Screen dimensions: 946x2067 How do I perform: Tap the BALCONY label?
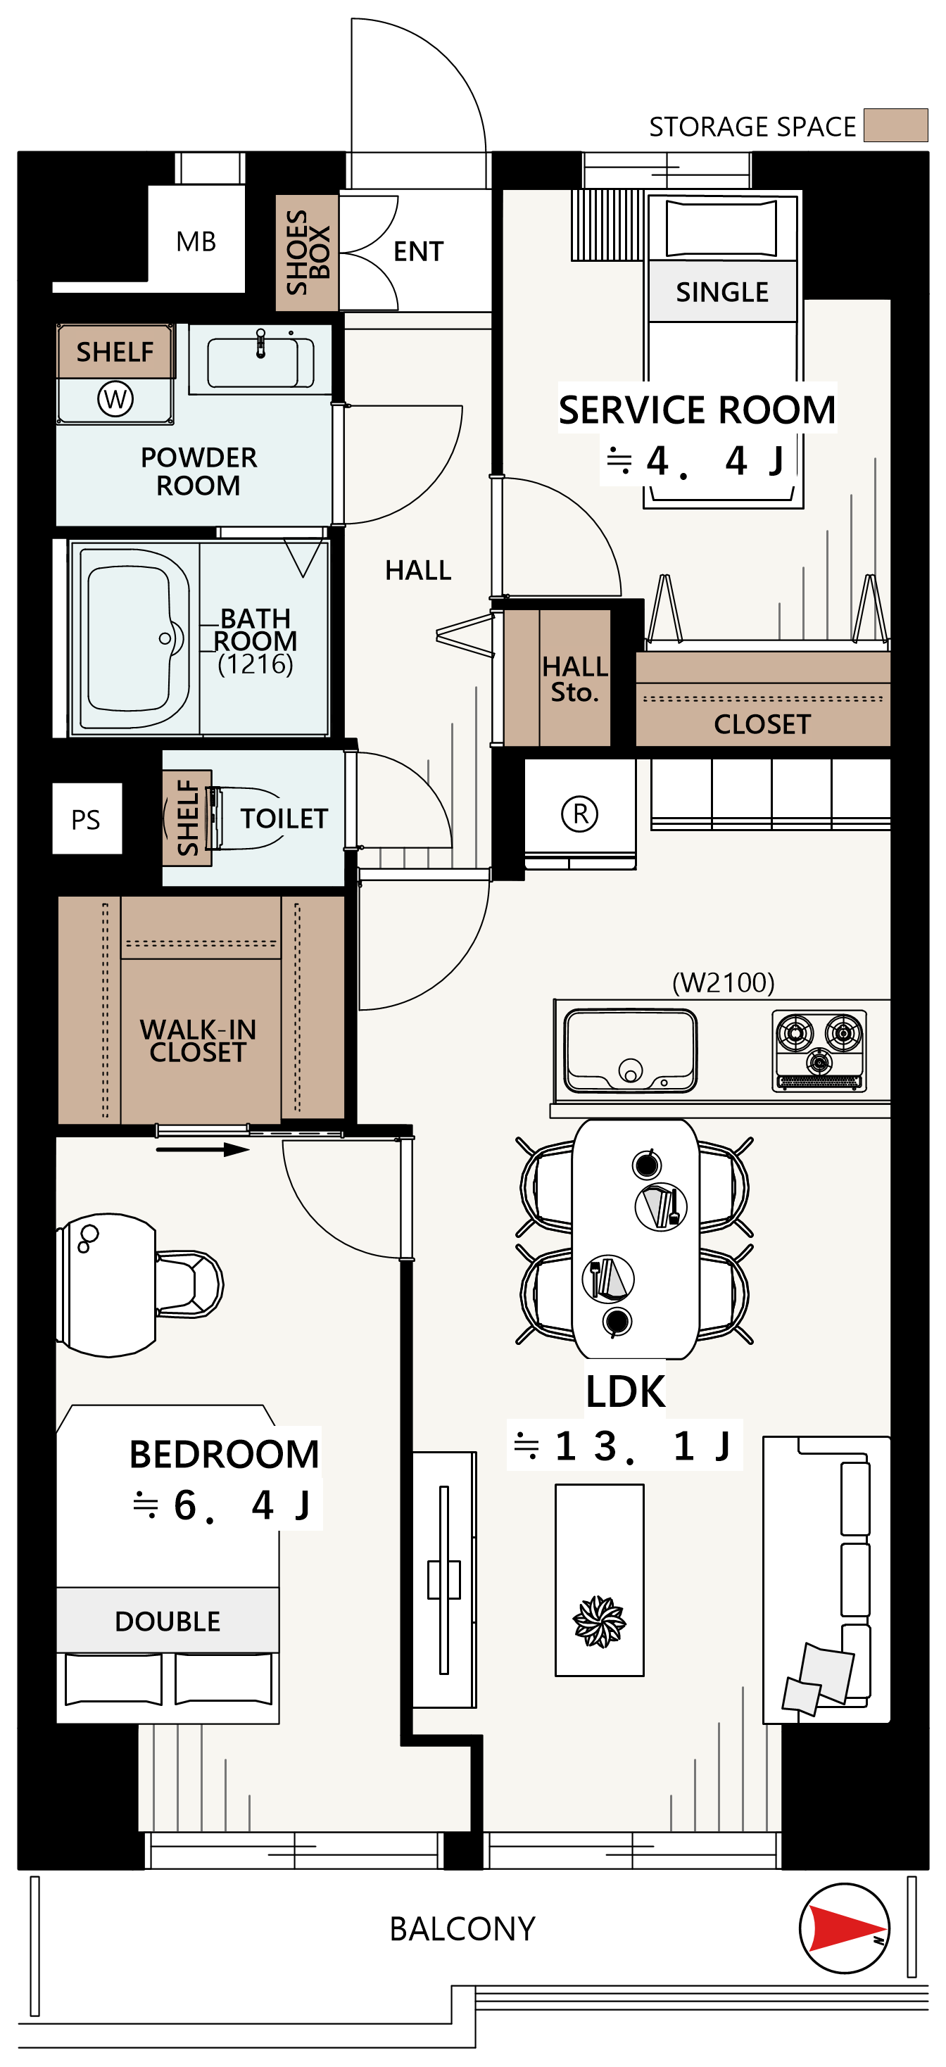pos(462,1929)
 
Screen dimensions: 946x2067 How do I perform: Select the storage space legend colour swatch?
pos(895,125)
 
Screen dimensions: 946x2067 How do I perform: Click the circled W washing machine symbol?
pos(115,399)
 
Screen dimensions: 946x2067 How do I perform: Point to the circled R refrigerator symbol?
pos(579,814)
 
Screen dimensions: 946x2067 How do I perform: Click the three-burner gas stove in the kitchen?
pos(819,1050)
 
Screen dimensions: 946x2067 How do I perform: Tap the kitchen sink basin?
pos(630,1050)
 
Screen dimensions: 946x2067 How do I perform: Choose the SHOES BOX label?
pos(308,252)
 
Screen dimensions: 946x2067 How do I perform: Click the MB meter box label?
pos(196,241)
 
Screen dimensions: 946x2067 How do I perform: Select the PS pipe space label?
pos(86,819)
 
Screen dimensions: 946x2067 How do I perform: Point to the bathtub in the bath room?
pos(135,639)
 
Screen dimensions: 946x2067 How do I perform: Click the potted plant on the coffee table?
pos(598,1622)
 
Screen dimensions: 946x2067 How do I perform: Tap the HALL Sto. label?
pos(574,679)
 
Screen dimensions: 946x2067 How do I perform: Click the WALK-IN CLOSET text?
pos(198,1041)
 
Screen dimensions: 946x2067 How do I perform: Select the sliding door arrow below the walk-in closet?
pos(202,1150)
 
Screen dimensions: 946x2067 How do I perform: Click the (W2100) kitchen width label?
pos(723,982)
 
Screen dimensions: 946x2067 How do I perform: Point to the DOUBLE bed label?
pos(168,1621)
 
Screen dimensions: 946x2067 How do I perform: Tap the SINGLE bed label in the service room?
pos(722,292)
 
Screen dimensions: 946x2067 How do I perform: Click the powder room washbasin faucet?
pos(260,343)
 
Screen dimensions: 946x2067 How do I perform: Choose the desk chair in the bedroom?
pos(189,1284)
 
